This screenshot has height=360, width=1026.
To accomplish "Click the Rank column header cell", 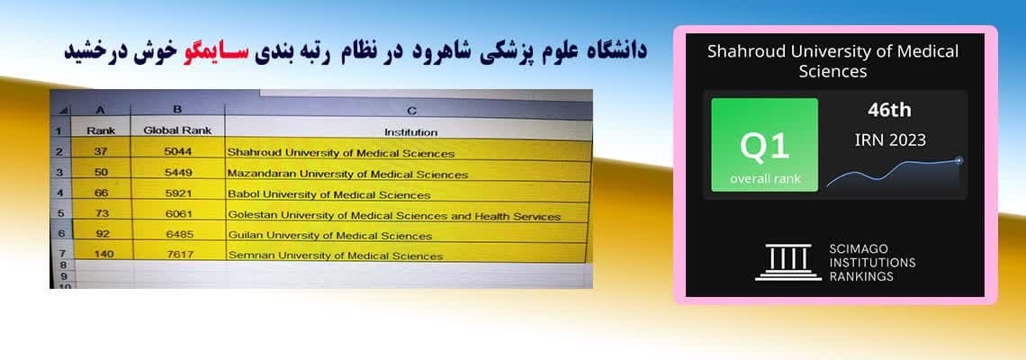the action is coord(101,130).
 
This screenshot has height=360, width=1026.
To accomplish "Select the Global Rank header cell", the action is coord(177,130).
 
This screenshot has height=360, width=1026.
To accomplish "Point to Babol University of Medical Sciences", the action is coord(328,194).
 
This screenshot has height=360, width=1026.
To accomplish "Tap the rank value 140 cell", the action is coord(103,254).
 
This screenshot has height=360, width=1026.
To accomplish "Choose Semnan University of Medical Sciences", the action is coord(335,256).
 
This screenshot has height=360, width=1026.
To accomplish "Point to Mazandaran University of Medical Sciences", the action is coord(347,174).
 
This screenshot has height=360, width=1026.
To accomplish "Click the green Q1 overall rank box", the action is coord(764,145).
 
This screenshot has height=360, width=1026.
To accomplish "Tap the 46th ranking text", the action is coord(889,110).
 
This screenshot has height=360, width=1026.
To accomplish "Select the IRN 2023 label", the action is coord(890,139).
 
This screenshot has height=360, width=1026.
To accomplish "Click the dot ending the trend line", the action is coord(958,159).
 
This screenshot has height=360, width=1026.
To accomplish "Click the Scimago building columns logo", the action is coord(787,263).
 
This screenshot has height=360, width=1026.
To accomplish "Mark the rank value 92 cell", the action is coord(102,234).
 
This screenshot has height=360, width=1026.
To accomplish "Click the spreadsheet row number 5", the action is coord(61,213).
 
